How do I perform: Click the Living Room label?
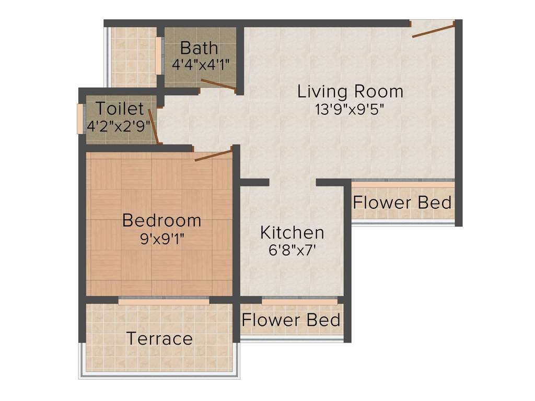[350, 91]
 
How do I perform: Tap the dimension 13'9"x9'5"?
[350, 109]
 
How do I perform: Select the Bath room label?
[199, 48]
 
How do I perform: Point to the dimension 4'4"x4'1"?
[201, 65]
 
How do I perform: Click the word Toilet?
[120, 109]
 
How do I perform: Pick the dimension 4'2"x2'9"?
[120, 126]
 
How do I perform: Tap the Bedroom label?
[161, 220]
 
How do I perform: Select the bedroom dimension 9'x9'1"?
[161, 239]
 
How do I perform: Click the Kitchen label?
[292, 232]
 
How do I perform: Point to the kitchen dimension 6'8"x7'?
[292, 250]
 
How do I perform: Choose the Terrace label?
[159, 338]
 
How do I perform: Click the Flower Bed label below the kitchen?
[291, 320]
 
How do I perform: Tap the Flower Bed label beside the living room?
[402, 202]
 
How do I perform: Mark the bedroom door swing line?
[213, 155]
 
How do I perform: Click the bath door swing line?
[218, 86]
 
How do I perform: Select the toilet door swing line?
[153, 125]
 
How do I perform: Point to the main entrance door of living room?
[433, 29]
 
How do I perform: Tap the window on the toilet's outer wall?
[80, 119]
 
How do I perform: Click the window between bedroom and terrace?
[164, 301]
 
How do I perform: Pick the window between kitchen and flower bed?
[299, 301]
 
